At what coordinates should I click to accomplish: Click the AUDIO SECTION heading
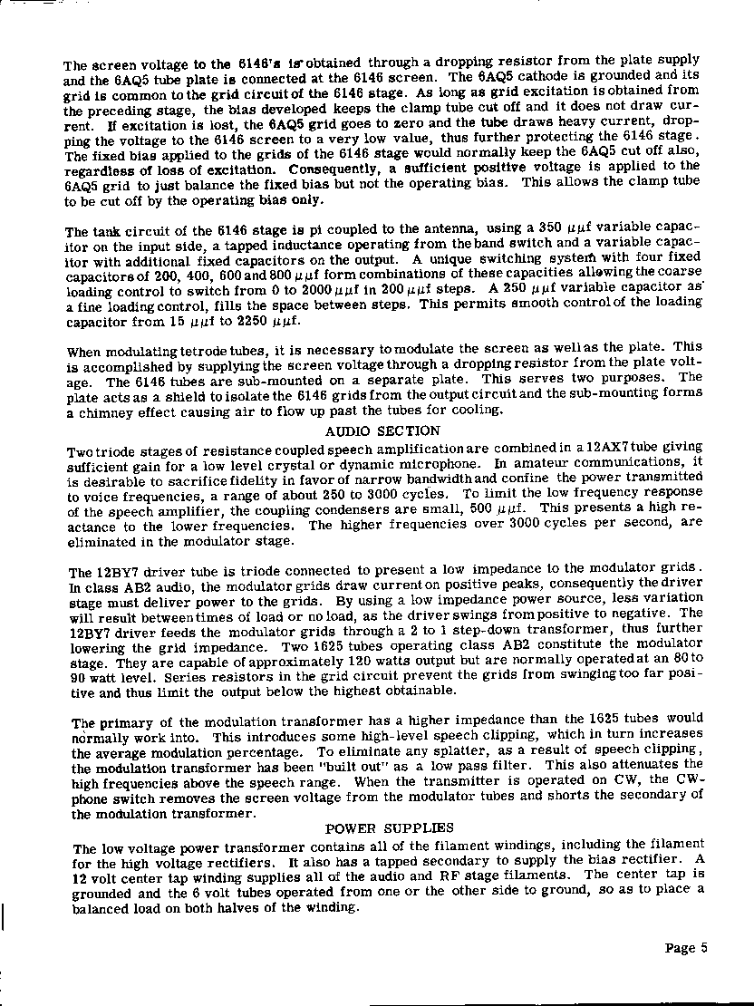point(382,431)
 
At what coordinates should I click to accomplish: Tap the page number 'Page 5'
point(685,948)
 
